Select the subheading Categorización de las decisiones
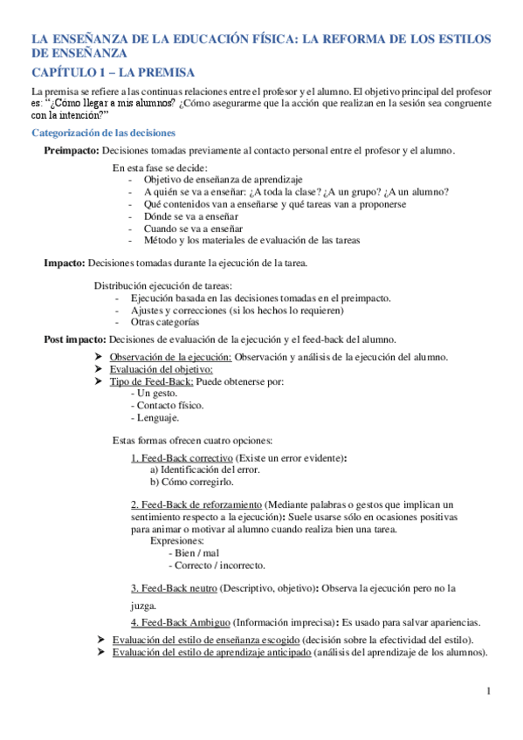click(x=103, y=133)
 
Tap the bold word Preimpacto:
click(x=76, y=151)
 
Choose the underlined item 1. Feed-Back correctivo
click(x=182, y=457)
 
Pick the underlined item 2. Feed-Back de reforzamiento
click(x=196, y=504)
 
